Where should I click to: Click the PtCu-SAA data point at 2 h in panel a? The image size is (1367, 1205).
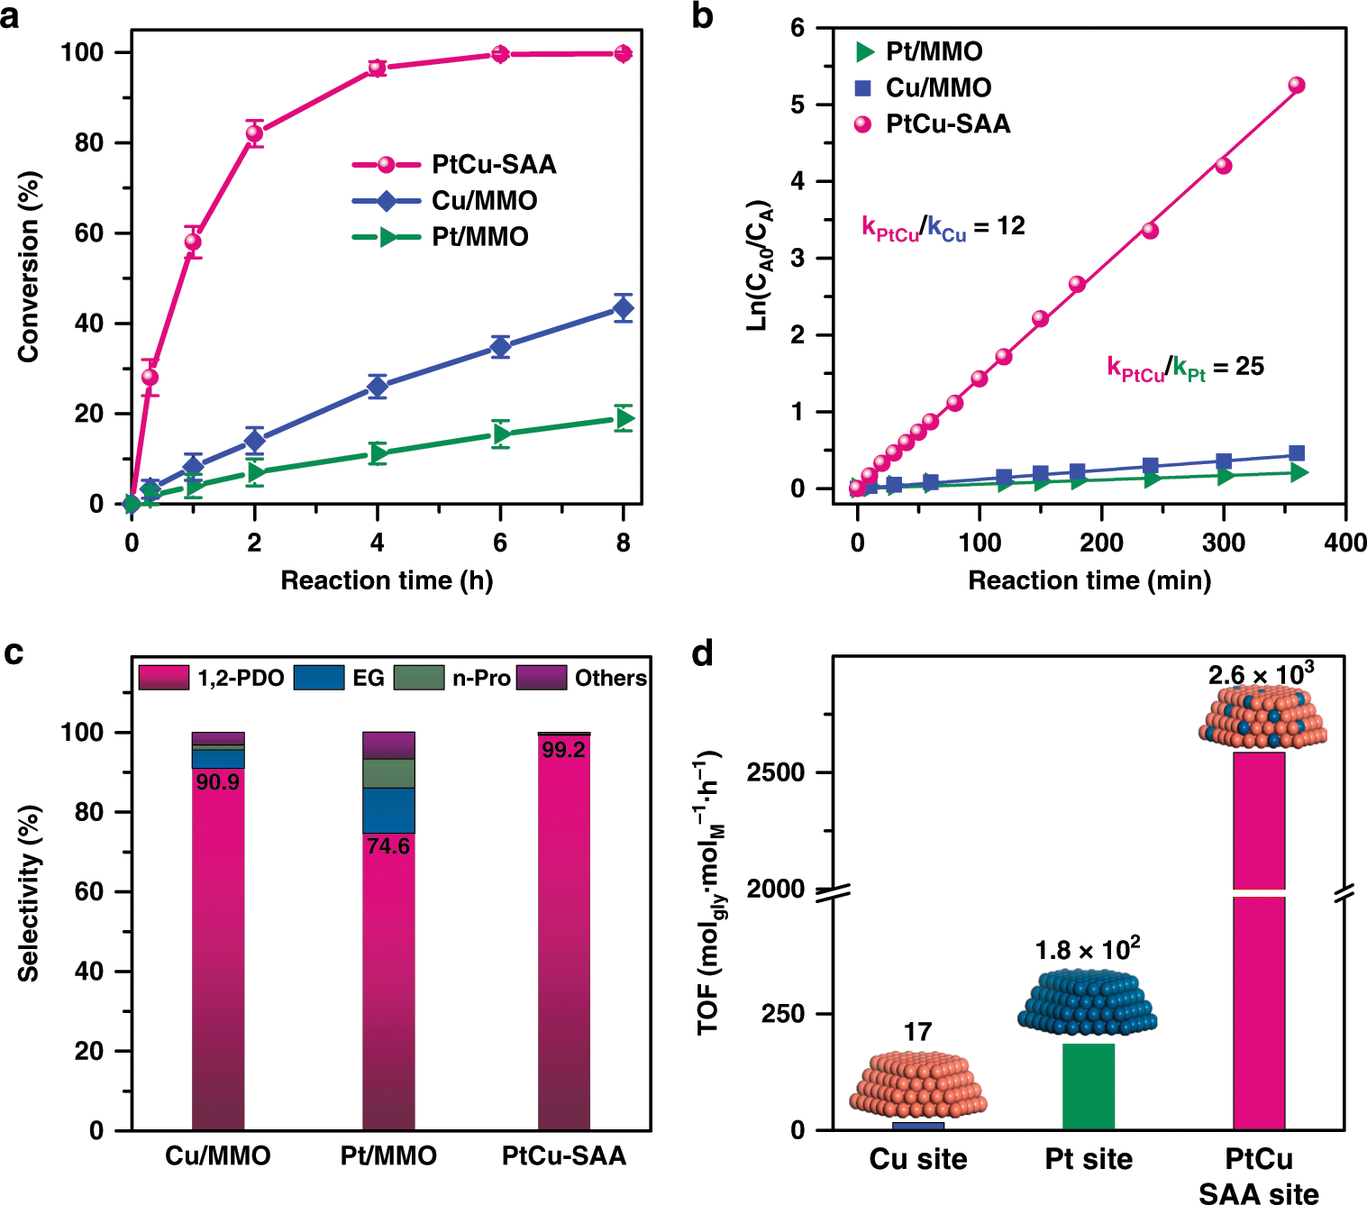click(x=255, y=133)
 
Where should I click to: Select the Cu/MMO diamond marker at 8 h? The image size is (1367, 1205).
click(x=623, y=308)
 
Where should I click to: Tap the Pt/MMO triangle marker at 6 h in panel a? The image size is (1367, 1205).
click(x=501, y=434)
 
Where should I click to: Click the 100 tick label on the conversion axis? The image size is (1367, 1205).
click(x=82, y=52)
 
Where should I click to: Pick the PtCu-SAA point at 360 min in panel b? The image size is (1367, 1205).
click(x=1297, y=86)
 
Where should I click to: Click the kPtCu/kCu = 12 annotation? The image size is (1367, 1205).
click(x=943, y=227)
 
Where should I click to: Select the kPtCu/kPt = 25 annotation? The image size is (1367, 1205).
click(x=1185, y=368)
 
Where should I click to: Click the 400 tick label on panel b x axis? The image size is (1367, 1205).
click(x=1344, y=543)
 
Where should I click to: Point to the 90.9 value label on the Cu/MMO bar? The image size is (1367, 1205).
click(x=218, y=782)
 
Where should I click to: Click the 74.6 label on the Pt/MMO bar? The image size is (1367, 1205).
click(x=388, y=846)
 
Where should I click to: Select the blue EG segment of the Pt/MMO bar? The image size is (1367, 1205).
click(x=388, y=810)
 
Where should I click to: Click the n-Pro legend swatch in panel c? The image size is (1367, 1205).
click(x=419, y=678)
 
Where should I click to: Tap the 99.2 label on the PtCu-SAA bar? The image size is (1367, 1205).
click(x=563, y=750)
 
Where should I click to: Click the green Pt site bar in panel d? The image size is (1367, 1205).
click(x=1089, y=1086)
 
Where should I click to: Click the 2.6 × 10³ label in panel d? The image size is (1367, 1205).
click(x=1260, y=674)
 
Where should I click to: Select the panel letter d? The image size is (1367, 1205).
click(x=703, y=653)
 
